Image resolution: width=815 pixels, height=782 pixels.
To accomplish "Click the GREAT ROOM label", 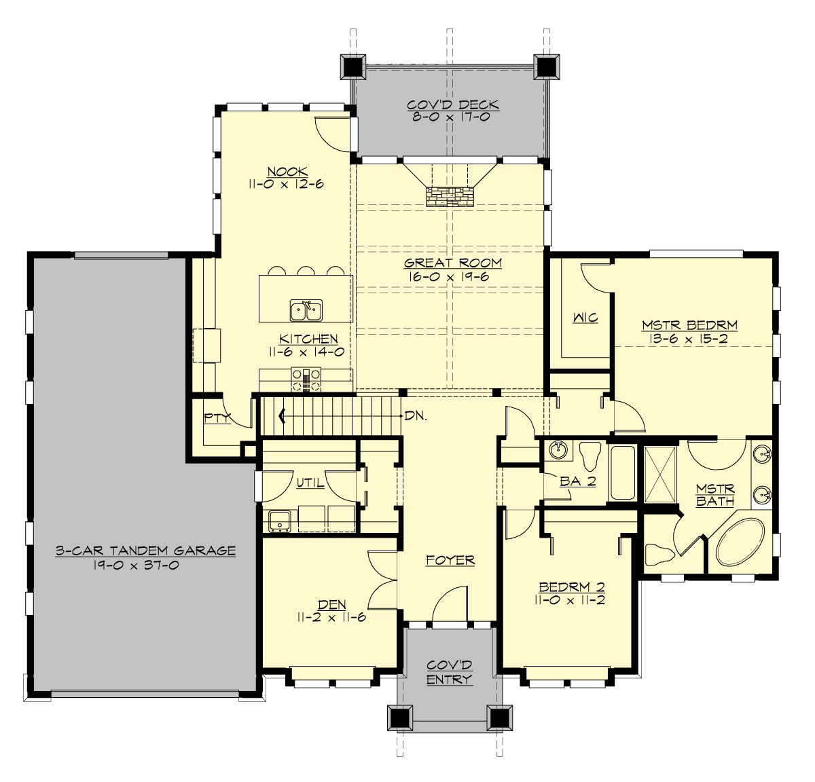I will pos(452,263).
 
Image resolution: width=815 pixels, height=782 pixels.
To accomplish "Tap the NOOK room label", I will pos(287,172).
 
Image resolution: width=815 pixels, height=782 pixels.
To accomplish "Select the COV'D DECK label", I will pos(452,105).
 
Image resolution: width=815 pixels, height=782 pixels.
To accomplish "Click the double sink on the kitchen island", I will pos(306,311).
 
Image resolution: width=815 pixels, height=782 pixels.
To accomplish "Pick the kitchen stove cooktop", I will pos(306,379).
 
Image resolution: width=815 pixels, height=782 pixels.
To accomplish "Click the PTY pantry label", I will pos(217,418).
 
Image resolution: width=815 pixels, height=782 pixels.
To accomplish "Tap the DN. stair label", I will pos(416,416).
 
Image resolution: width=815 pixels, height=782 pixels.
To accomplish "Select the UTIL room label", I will pos(310,483).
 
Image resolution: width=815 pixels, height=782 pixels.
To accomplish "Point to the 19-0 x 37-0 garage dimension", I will pos(145,565).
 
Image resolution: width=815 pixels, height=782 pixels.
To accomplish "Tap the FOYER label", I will pos(450,560).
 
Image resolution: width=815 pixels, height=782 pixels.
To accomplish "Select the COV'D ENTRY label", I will pos(449,672).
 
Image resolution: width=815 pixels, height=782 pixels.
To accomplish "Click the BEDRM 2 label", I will pos(571,587).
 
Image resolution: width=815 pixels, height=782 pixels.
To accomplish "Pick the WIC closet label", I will pos(584,318).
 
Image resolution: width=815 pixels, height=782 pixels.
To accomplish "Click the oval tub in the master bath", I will pos(740,544).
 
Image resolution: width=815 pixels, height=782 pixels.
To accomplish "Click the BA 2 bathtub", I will pos(621,472).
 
